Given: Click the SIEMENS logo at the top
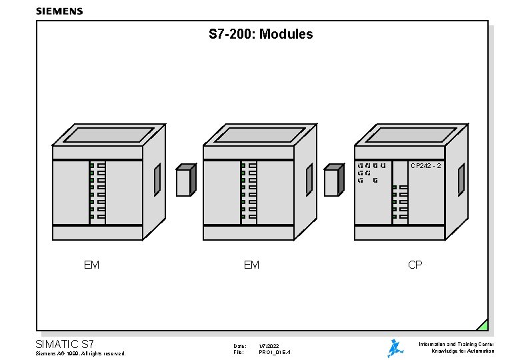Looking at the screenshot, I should [x=59, y=11].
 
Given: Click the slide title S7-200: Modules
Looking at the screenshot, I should [x=261, y=34].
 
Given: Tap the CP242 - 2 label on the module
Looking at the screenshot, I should [x=425, y=165].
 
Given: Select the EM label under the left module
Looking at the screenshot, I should [x=92, y=265].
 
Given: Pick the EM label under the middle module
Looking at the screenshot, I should [x=251, y=265].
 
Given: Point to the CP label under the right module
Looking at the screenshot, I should [x=415, y=265].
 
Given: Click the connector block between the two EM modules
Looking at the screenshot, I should [x=185, y=181].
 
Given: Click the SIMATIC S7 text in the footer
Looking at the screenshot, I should [x=69, y=344].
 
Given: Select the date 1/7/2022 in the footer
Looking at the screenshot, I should [x=269, y=346].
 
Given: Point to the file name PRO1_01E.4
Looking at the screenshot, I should [x=275, y=353].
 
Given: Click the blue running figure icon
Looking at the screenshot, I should [x=395, y=348].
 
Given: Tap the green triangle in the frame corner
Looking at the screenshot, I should [x=483, y=325].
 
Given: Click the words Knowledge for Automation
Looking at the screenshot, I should [x=463, y=351].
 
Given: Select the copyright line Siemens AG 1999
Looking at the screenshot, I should [x=80, y=353].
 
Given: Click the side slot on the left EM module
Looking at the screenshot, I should [x=157, y=179].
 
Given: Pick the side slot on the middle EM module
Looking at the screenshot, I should [x=309, y=179].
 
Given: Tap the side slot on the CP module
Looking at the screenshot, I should [x=461, y=179].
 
